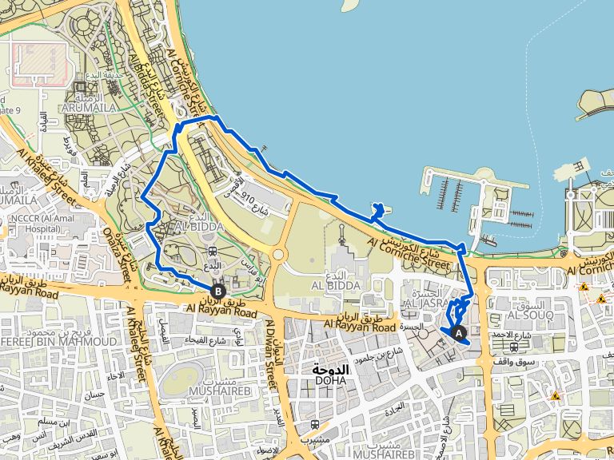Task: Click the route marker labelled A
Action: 458,331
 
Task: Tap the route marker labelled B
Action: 217,291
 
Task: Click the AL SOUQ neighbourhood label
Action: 525,315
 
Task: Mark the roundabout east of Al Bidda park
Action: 277,256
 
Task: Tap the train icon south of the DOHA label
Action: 317,425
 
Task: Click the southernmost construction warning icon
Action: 556,396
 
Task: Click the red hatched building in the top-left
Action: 38,63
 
